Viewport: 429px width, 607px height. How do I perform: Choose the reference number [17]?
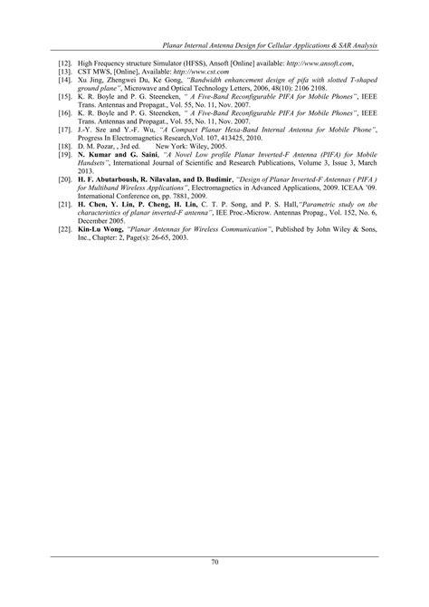[x=64, y=130]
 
